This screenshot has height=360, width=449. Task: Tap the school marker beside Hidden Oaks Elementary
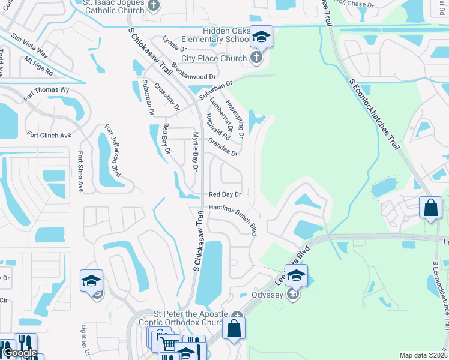(261, 37)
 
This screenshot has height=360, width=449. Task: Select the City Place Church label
(214, 58)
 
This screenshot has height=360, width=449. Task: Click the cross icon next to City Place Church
(256, 58)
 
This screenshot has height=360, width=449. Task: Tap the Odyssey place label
(267, 294)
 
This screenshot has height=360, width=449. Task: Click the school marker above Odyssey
(296, 275)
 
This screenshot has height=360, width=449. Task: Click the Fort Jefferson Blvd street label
(113, 151)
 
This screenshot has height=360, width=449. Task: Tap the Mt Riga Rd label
(40, 66)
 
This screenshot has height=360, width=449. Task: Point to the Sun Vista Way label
(34, 44)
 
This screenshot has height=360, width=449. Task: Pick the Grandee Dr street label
(223, 147)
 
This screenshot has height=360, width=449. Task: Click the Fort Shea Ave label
(80, 171)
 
